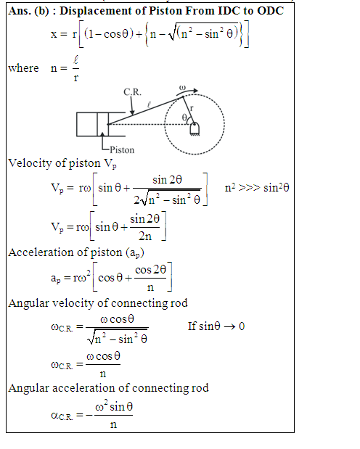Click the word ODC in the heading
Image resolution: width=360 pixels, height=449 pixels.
coord(270,11)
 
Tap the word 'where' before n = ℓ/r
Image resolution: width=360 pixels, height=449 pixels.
coord(23,68)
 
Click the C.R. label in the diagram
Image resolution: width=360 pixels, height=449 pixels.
coord(132,92)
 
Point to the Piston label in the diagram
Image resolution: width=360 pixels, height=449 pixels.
coord(122,149)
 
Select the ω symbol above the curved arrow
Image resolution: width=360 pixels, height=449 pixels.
coord(182,87)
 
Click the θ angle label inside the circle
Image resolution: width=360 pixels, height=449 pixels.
coord(184,117)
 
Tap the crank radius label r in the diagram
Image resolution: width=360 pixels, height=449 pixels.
coord(192,108)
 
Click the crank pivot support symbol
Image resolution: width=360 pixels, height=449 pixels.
coord(195,129)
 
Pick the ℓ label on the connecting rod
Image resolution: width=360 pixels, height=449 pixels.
coord(149,104)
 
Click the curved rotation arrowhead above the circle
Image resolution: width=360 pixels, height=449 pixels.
coord(195,91)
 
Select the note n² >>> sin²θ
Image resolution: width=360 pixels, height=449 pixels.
coord(257,188)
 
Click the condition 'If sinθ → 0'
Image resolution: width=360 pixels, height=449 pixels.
coord(216,326)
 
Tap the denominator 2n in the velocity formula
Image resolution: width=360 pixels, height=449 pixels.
coord(145,236)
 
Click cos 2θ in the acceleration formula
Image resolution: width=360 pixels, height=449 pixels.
coord(150,269)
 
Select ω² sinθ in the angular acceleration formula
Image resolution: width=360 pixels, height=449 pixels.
coord(114,406)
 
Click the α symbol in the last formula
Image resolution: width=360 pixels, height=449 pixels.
coord(54,415)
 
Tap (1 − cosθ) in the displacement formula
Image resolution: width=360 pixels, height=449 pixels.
coord(109,34)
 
